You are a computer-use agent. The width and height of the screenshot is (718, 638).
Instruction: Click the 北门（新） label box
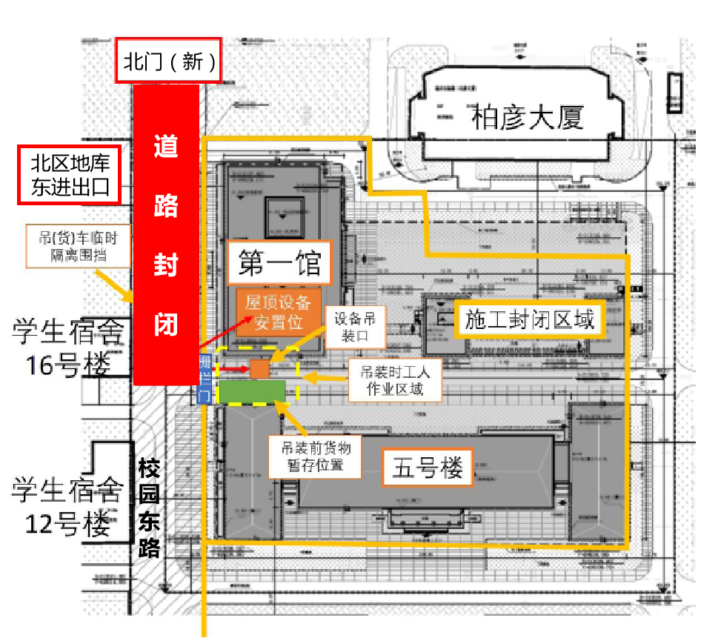(x=169, y=62)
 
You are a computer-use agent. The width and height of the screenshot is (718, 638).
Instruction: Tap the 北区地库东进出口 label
(x=69, y=175)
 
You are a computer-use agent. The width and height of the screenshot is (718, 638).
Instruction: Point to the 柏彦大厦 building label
(x=528, y=117)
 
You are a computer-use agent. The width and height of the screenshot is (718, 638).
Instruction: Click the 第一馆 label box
(x=279, y=262)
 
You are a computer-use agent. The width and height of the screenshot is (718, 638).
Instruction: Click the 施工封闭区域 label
(x=531, y=320)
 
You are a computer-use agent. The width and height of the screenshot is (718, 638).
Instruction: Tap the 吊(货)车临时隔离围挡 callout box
(x=79, y=246)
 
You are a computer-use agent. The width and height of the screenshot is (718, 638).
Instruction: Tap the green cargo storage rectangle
(x=253, y=392)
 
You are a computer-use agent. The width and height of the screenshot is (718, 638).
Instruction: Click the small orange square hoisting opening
(x=259, y=369)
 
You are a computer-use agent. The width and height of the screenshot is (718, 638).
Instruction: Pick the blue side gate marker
(x=206, y=379)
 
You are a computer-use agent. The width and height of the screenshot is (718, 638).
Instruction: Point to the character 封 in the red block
(x=165, y=263)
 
